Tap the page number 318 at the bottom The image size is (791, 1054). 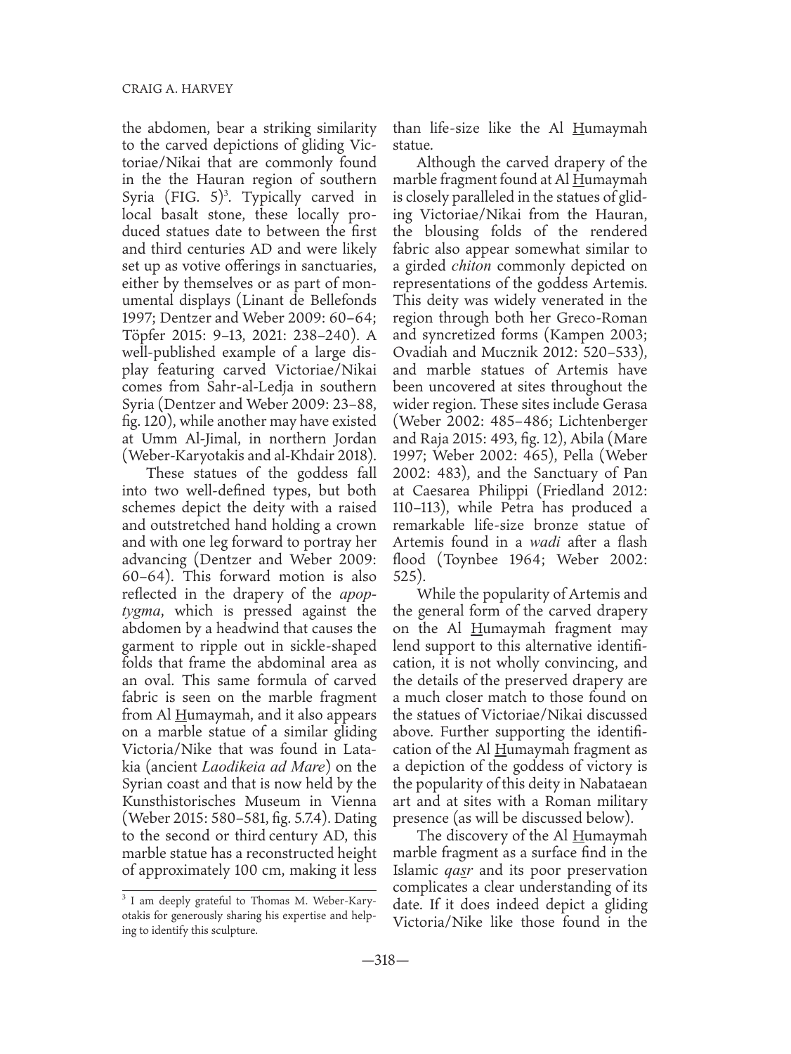click(x=395, y=961)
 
